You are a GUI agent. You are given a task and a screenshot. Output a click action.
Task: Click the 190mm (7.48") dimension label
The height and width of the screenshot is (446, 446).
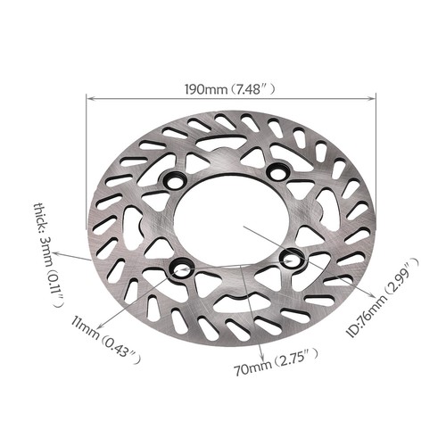230,88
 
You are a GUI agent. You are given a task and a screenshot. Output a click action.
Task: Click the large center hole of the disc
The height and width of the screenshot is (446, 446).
230,219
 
